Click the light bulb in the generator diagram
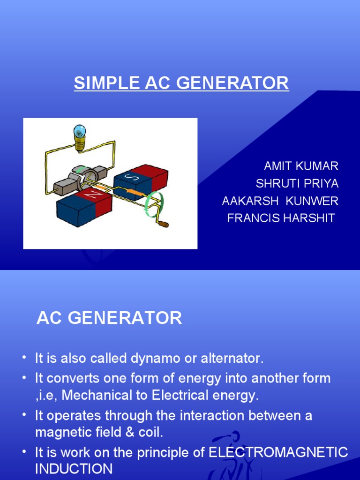point(80,134)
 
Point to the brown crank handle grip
point(164,225)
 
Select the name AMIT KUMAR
point(301,166)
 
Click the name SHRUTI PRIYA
point(297,183)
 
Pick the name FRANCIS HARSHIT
point(281,218)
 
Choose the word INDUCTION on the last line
point(74,469)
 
